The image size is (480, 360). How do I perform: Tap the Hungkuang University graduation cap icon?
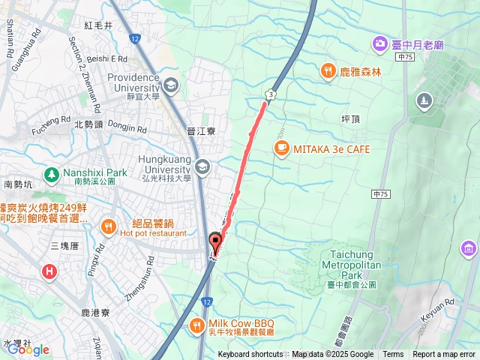click(x=201, y=166)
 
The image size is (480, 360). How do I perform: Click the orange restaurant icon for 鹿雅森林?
click(x=328, y=71)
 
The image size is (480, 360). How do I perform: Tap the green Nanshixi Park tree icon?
click(x=51, y=175)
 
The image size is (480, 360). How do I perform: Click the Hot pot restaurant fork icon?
click(x=109, y=226)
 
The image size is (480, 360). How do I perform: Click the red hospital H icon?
click(x=49, y=271)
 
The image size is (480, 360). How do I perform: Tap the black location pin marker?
click(x=216, y=242)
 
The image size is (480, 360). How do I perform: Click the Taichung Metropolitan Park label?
click(x=352, y=265)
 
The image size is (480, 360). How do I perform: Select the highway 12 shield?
click(x=134, y=37)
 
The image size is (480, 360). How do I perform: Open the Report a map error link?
click(x=445, y=355)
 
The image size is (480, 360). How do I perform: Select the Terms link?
click(x=393, y=355)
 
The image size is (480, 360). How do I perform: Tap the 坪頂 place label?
click(x=352, y=119)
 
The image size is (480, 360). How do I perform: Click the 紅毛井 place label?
click(x=98, y=25)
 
